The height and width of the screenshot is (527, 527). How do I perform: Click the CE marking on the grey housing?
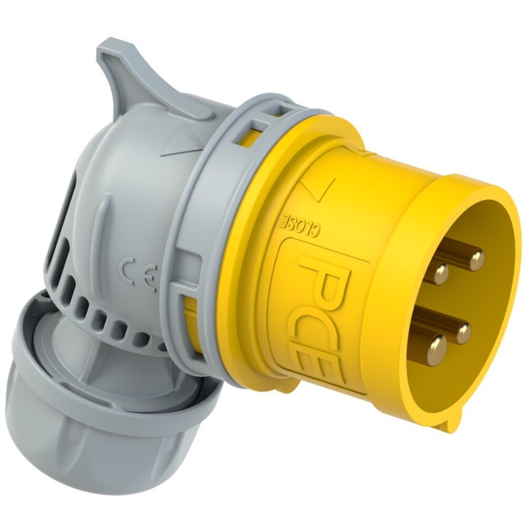[x=139, y=271]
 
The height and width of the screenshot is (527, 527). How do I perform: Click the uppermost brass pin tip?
[x=476, y=258]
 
